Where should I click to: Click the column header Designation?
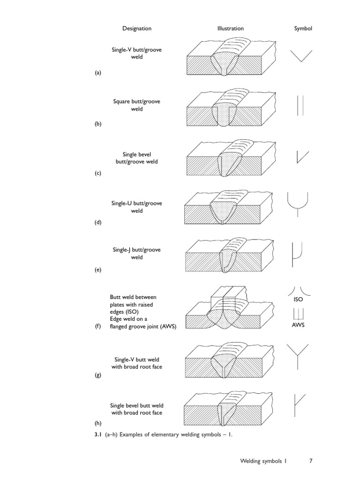137,28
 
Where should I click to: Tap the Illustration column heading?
230,28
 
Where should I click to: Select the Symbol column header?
303,28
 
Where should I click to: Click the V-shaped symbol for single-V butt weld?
300,56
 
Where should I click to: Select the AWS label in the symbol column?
298,325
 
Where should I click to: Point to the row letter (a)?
97,73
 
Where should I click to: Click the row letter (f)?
97,327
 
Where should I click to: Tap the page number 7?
311,461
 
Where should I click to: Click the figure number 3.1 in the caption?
98,435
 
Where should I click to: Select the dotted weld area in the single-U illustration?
224,212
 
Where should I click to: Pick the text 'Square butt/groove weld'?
136,105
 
